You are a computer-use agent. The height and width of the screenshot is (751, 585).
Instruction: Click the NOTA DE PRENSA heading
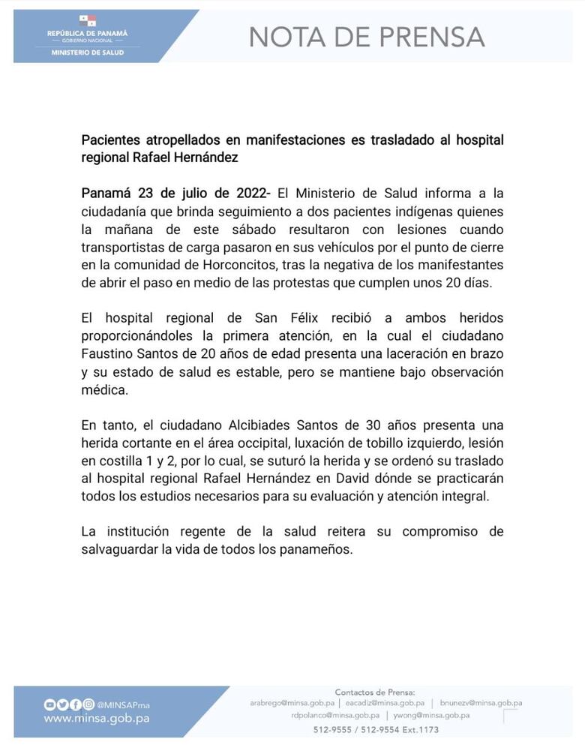click(366, 36)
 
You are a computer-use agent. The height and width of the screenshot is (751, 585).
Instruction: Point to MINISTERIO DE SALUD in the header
click(87, 53)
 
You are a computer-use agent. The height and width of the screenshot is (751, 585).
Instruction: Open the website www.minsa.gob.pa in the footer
click(96, 718)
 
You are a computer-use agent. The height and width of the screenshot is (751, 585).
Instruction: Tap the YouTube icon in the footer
click(49, 704)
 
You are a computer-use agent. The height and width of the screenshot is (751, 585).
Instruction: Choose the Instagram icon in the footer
click(89, 704)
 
